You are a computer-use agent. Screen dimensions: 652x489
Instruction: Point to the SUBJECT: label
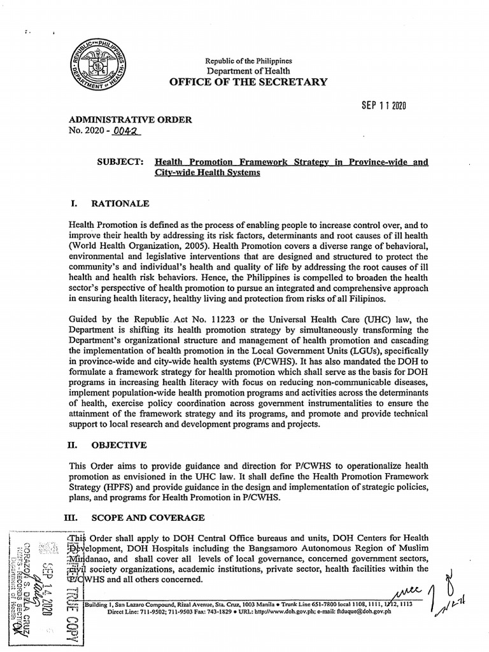pyautogui.click(x=121, y=163)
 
